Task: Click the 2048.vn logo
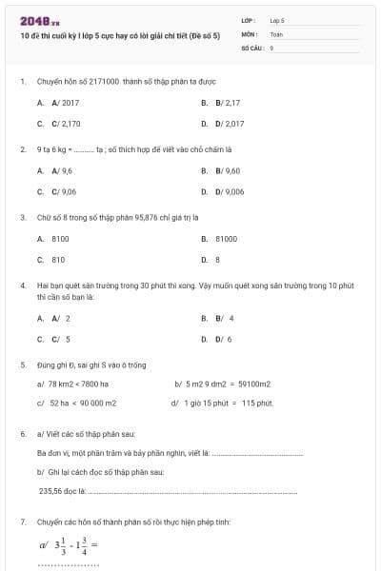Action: (x=40, y=20)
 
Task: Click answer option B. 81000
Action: (x=225, y=239)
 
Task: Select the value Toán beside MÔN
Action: (x=277, y=33)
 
